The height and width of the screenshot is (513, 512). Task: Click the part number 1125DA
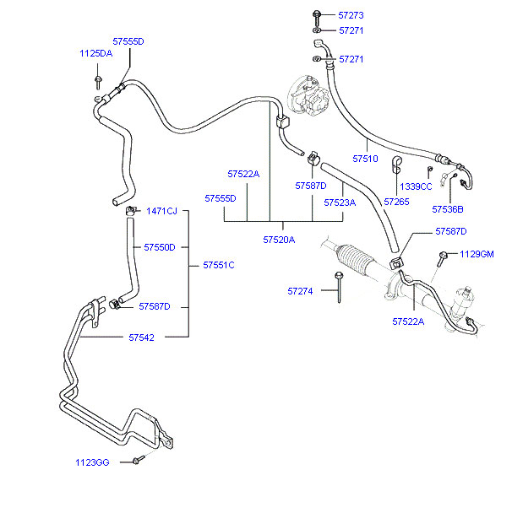point(95,53)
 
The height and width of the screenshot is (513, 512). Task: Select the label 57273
point(351,15)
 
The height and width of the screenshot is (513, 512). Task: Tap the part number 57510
point(365,158)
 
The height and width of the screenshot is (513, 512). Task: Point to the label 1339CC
point(416,186)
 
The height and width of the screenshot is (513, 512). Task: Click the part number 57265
point(396,202)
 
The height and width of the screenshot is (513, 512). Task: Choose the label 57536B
point(448,208)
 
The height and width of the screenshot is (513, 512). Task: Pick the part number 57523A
point(340,202)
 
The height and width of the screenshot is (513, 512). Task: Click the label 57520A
point(279,240)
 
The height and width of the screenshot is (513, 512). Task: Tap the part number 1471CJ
point(161,210)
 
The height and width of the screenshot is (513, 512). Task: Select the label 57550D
point(159,247)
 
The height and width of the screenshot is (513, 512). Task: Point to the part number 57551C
point(218,265)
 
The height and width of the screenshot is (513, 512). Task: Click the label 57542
point(141,337)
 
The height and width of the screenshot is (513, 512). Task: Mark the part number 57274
point(300,291)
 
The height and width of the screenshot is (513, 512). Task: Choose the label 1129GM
point(477,254)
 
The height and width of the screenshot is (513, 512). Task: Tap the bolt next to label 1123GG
point(137,461)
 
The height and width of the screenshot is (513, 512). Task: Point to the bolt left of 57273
point(316,15)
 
